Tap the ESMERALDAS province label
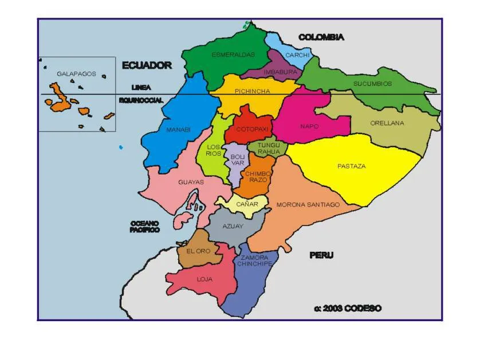pos(233,55)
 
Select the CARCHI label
pos(297,56)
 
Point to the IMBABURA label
pos(280,72)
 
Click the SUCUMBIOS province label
pos(372,84)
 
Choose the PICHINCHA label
pos(252,91)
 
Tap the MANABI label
pos(178,130)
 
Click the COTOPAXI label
pos(252,129)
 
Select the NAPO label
pos(309,126)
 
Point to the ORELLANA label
pos(387,123)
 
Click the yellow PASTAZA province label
pos(351,167)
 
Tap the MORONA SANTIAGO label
pos(308,204)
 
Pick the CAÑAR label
pos(247,204)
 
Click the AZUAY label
pos(233,226)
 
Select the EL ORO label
pos(198,251)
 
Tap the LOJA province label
pos(204,279)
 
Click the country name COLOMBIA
pos(321,37)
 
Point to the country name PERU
pos(321,255)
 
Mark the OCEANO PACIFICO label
pos(144,226)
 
